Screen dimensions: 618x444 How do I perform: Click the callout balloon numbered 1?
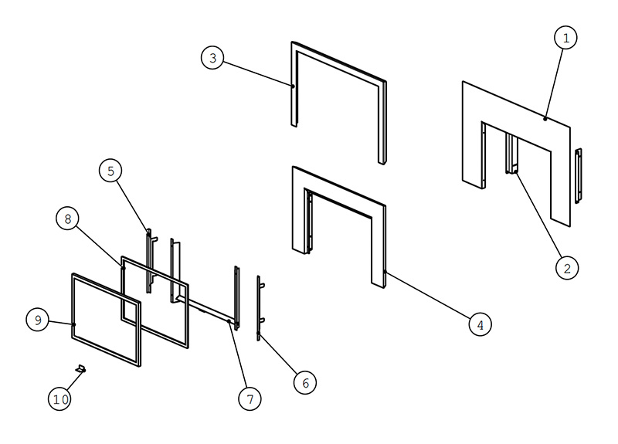pyautogui.click(x=565, y=38)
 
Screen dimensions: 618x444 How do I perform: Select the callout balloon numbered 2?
pyautogui.click(x=567, y=268)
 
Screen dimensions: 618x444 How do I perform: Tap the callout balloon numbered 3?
pyautogui.click(x=213, y=58)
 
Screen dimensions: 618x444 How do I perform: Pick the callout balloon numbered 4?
pyautogui.click(x=480, y=325)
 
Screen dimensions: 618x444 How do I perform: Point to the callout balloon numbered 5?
pyautogui.click(x=110, y=171)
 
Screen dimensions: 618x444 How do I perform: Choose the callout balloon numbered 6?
pyautogui.click(x=305, y=382)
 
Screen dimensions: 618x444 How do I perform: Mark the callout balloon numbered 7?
pyautogui.click(x=250, y=399)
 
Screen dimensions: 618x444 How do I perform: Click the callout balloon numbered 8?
pyautogui.click(x=68, y=219)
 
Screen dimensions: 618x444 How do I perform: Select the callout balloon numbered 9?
pyautogui.click(x=38, y=320)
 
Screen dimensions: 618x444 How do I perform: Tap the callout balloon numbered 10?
pyautogui.click(x=60, y=399)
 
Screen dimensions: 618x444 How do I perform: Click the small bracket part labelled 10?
pyautogui.click(x=81, y=369)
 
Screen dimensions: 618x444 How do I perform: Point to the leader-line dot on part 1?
pyautogui.click(x=545, y=119)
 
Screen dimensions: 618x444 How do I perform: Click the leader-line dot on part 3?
pyautogui.click(x=293, y=86)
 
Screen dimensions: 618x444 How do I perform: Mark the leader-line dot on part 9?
pyautogui.click(x=73, y=324)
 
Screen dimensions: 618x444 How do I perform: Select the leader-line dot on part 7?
pyautogui.click(x=229, y=321)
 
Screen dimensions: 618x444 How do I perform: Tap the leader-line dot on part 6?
pyautogui.click(x=259, y=334)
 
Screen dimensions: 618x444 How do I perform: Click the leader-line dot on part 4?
pyautogui.click(x=385, y=272)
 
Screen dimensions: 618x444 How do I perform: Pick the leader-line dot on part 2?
pyautogui.click(x=515, y=171)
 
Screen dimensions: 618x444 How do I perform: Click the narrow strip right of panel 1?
pyautogui.click(x=578, y=176)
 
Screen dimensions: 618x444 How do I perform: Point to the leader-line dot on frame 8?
pyautogui.click(x=124, y=268)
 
